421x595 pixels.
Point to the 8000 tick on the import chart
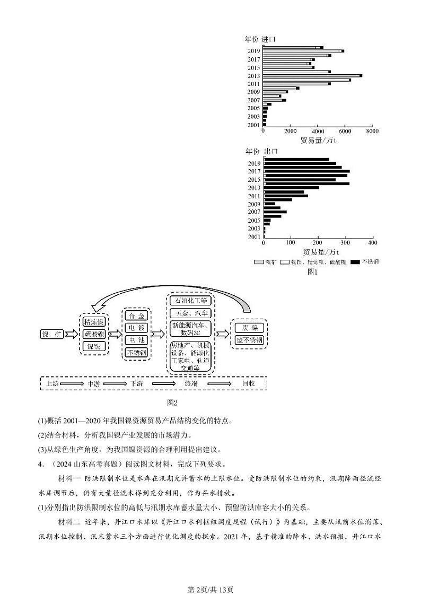pyautogui.click(x=372, y=130)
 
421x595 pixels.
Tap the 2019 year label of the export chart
pyautogui.click(x=254, y=164)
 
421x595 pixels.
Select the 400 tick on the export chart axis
pyautogui.click(x=372, y=243)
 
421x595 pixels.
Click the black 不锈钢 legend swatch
pyautogui.click(x=355, y=262)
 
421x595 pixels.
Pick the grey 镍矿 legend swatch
pyautogui.click(x=259, y=262)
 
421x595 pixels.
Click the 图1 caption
pyautogui.click(x=312, y=272)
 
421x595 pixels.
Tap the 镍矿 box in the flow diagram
pyautogui.click(x=52, y=334)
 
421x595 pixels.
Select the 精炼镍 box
pyautogui.click(x=93, y=322)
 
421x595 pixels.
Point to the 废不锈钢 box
pyautogui.click(x=249, y=340)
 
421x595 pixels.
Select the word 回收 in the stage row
pyautogui.click(x=248, y=383)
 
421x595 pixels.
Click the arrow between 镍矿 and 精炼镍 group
pyautogui.click(x=71, y=334)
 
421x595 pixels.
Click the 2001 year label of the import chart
pyautogui.click(x=253, y=125)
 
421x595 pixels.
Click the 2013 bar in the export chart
pyautogui.click(x=292, y=188)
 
